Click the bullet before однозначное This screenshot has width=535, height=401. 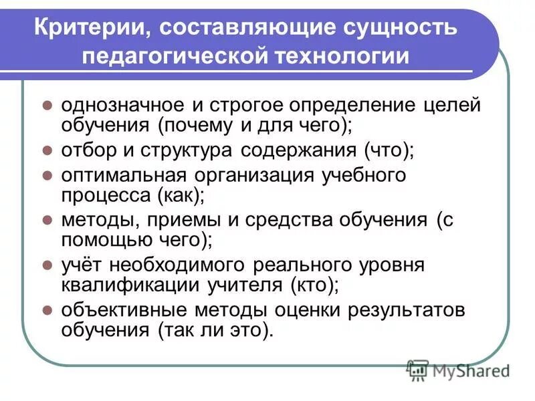(47, 106)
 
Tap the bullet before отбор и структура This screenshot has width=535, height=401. (47, 150)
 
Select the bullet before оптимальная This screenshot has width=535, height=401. (47, 175)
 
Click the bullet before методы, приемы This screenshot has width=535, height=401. (47, 219)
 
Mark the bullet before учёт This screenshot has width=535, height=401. (47, 264)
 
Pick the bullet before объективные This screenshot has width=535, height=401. (47, 309)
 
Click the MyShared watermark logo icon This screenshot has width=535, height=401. (418, 370)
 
